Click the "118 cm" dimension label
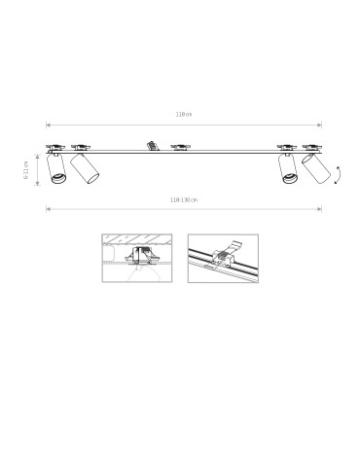click(x=183, y=114)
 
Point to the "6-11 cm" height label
click(x=27, y=169)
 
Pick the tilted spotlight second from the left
click(x=86, y=167)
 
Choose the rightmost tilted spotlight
click(x=314, y=168)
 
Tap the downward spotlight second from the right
click(x=288, y=167)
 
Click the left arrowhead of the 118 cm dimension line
click(x=48, y=125)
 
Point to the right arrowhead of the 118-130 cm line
click(x=319, y=208)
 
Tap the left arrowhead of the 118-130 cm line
click(x=48, y=208)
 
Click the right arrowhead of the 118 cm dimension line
click(x=319, y=125)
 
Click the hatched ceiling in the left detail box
click(x=136, y=239)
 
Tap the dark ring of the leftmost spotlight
click(x=57, y=178)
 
